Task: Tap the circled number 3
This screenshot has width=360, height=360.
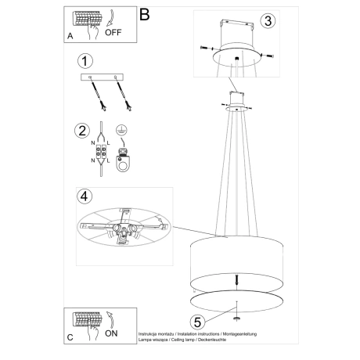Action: pos(268,21)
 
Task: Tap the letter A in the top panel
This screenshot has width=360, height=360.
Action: pos(71,36)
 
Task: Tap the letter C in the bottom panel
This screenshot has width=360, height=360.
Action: pos(71,339)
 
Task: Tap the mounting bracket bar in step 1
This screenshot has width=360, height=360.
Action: pos(103,77)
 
